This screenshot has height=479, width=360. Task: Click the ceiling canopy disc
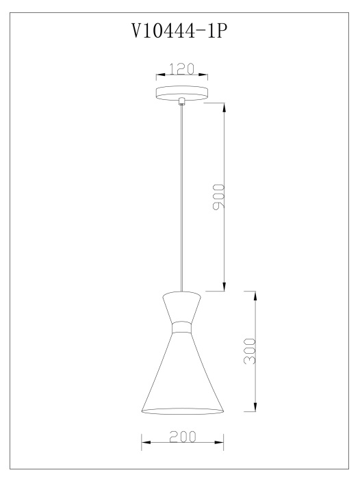[182, 92]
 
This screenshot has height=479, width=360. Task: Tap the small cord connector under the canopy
[182, 102]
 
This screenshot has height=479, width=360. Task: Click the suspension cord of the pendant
[182, 198]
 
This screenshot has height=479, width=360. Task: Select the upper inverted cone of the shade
[182, 305]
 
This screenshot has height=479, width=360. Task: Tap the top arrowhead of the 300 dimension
[255, 296]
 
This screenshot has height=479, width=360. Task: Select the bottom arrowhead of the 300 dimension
[255, 408]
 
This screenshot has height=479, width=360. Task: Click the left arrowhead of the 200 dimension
[144, 443]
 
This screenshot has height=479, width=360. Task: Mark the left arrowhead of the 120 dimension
[159, 75]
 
